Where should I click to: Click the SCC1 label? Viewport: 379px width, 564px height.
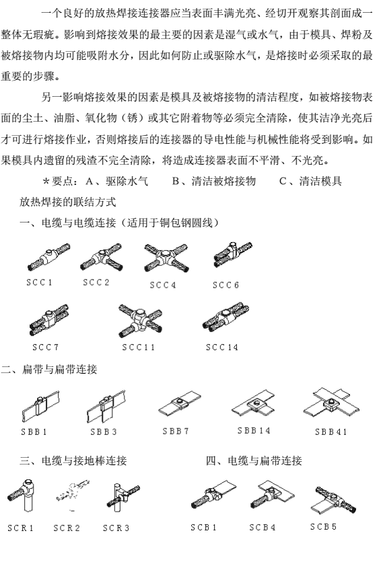[40, 282]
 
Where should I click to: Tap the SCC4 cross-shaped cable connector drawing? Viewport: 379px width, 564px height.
[166, 257]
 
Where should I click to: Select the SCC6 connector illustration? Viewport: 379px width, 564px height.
[233, 255]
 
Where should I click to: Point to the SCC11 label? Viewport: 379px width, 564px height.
[139, 348]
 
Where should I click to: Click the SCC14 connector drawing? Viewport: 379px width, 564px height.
[226, 317]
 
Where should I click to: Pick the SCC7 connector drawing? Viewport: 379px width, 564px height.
[49, 319]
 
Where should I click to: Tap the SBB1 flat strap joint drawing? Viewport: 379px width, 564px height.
[40, 407]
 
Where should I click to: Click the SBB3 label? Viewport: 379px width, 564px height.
[104, 432]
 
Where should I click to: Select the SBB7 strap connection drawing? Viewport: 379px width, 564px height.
[180, 403]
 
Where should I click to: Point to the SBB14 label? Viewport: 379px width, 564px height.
[254, 430]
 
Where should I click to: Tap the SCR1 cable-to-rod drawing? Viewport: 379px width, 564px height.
[22, 495]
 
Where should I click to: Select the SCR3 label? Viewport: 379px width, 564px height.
[116, 528]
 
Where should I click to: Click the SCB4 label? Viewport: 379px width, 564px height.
[263, 527]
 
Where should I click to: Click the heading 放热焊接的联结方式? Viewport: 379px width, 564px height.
[68, 202]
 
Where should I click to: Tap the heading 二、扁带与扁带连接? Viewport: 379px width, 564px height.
[49, 369]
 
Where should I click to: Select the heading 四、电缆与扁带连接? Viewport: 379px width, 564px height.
[254, 460]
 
